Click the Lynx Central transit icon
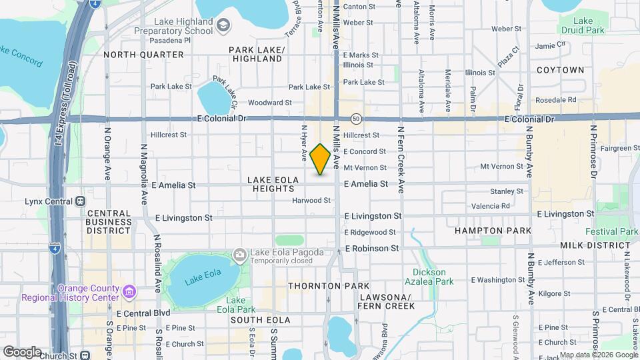tap(81, 200)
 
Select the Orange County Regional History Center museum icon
tap(129, 291)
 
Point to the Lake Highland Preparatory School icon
tap(223, 25)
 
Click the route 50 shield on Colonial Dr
tap(357, 119)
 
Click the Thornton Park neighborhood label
tap(319, 285)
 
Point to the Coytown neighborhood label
tap(560, 70)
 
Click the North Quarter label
tap(143, 55)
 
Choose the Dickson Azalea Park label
tap(433, 277)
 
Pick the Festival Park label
tap(611, 231)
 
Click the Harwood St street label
tap(311, 200)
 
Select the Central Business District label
tap(109, 221)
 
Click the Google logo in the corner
tap(22, 351)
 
